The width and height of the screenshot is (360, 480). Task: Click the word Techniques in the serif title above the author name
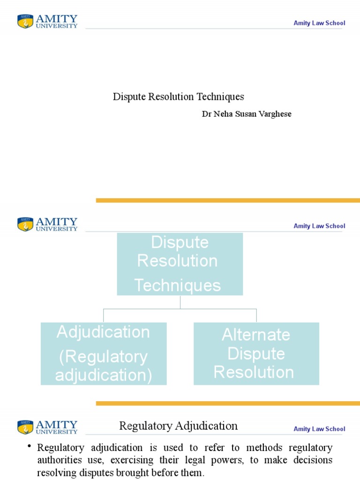220,97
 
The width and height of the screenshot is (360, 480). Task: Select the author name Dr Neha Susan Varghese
247,114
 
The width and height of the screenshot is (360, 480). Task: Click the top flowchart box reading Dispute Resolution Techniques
180,264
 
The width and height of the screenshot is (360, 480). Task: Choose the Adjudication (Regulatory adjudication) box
104,354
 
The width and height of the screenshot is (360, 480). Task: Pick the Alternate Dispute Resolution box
256,354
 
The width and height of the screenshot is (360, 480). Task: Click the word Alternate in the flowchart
256,335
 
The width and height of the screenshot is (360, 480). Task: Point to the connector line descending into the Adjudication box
104,315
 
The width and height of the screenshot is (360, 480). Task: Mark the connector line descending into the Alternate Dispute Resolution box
256,315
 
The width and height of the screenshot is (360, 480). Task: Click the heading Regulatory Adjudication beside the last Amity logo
179,426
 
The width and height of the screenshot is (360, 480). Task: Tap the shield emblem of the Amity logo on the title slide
25,22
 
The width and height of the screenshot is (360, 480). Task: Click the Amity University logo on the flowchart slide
48,224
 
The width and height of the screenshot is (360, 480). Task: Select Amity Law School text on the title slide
319,23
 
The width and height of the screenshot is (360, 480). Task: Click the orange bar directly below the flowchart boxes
228,403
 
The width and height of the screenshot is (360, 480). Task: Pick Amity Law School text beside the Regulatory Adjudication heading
319,429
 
